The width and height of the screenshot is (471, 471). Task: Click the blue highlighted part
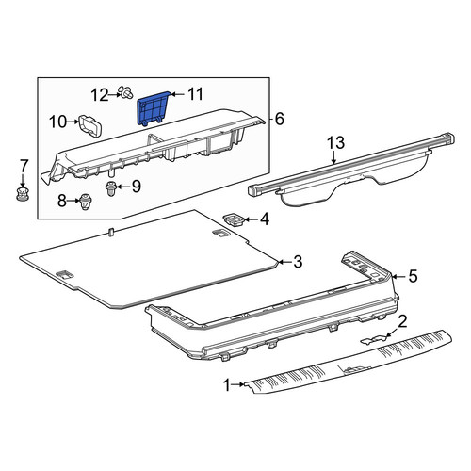(x=153, y=108)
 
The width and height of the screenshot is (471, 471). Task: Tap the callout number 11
(x=195, y=94)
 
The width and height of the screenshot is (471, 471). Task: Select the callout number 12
(x=100, y=95)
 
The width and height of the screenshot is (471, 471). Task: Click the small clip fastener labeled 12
(x=125, y=93)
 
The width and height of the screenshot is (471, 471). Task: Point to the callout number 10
(x=58, y=122)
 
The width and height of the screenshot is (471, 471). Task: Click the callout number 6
(x=279, y=119)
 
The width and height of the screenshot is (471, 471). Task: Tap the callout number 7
(x=24, y=166)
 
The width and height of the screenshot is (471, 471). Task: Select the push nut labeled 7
(x=24, y=194)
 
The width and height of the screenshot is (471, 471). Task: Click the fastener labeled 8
(x=86, y=202)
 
